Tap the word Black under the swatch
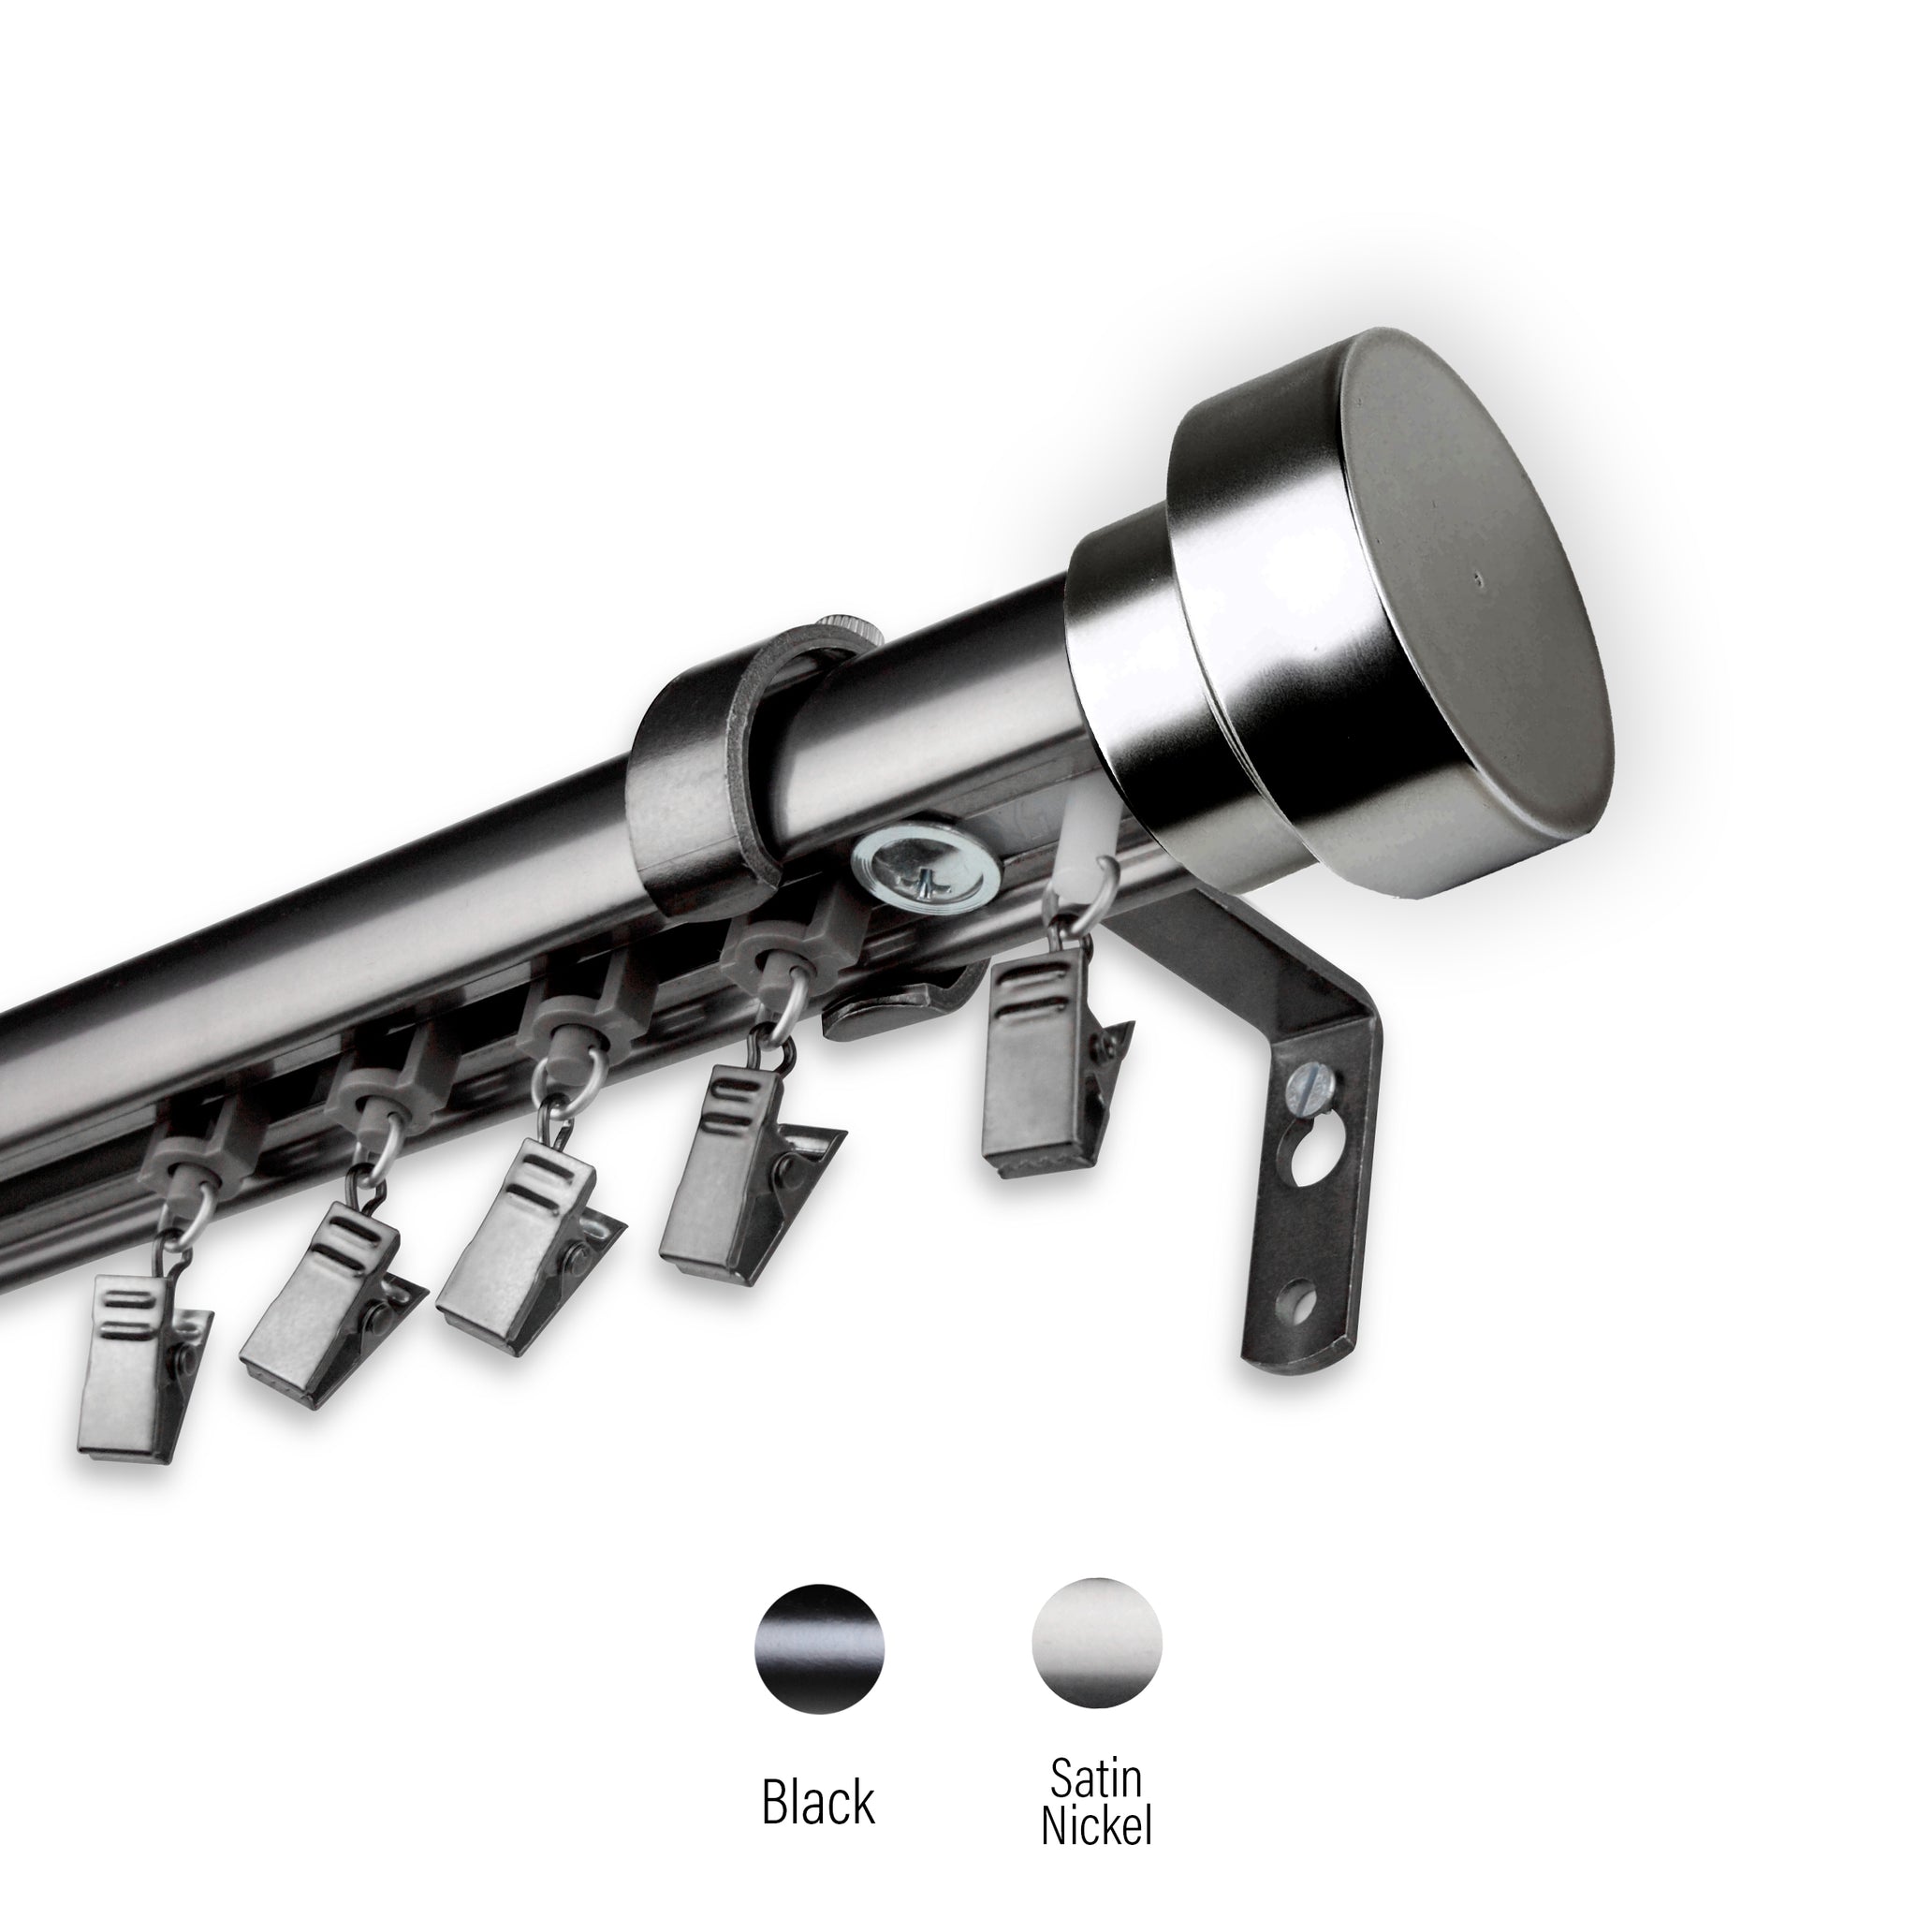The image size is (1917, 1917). coord(819,1775)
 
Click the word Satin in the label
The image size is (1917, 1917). coord(1096,1752)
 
